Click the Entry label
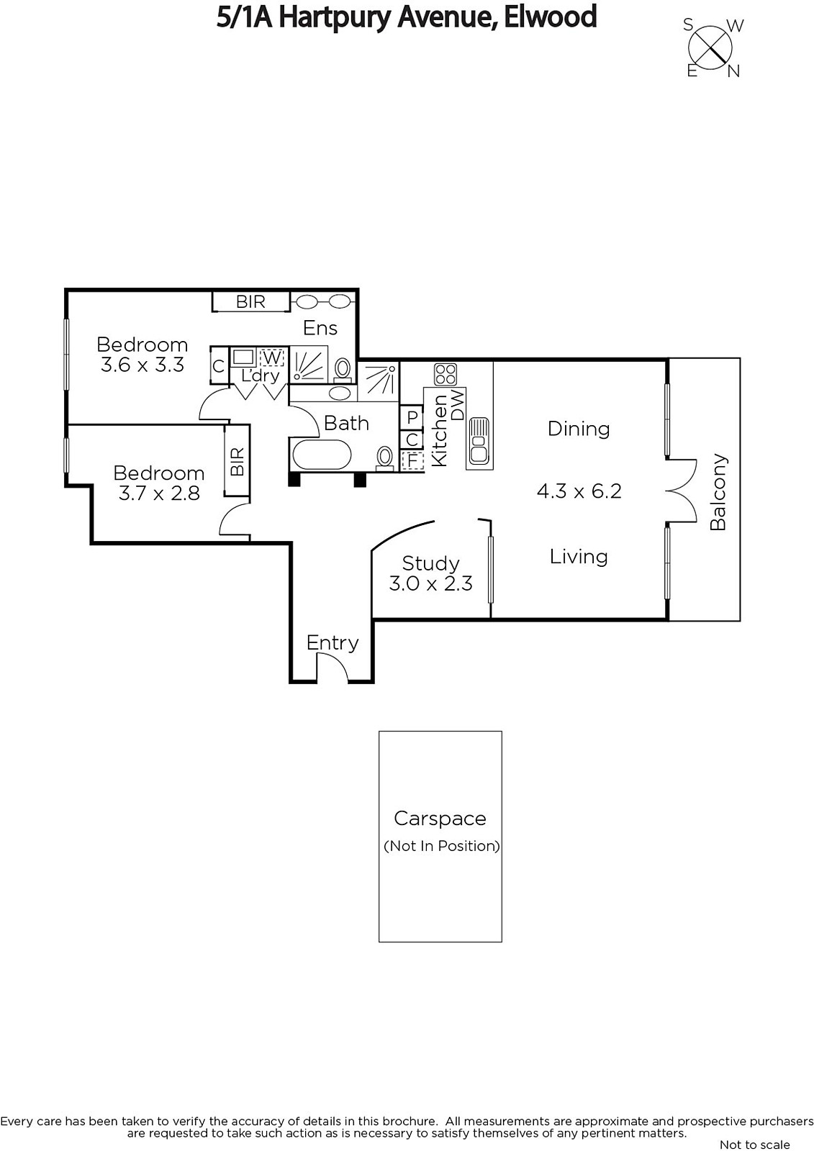click(x=333, y=643)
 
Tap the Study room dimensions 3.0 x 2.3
click(x=431, y=583)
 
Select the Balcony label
click(x=718, y=492)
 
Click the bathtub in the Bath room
click(x=322, y=455)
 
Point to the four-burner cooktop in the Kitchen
click(x=446, y=374)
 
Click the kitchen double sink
click(x=479, y=440)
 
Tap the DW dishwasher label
click(x=457, y=406)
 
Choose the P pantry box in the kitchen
click(x=412, y=417)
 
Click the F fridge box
click(x=412, y=461)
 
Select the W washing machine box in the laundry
click(x=271, y=357)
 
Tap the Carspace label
click(x=440, y=819)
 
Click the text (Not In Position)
click(x=442, y=846)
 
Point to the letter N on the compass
click(x=734, y=71)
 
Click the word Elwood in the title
click(x=550, y=17)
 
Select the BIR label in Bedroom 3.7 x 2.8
click(x=237, y=461)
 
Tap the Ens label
click(x=320, y=328)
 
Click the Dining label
click(x=579, y=429)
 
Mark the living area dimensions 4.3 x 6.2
click(x=579, y=491)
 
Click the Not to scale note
click(x=755, y=1145)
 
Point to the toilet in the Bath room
click(x=384, y=458)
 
